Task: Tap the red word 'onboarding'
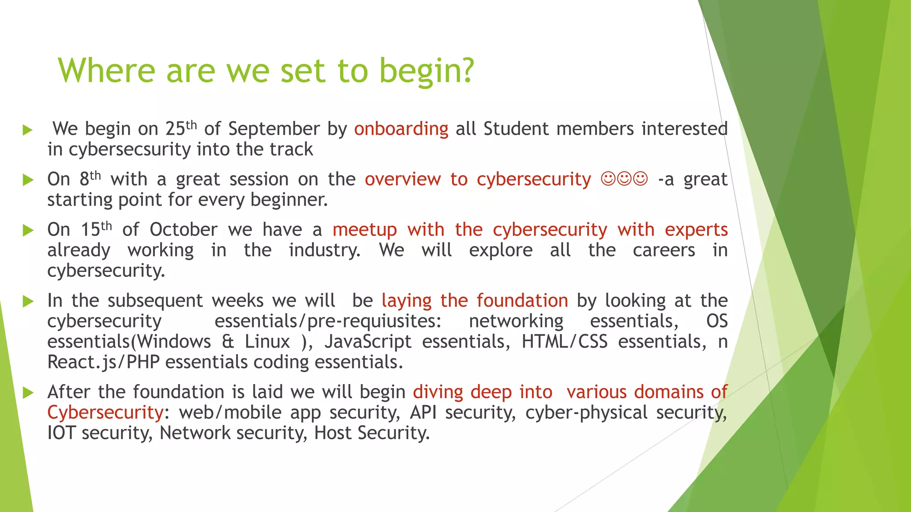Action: [401, 129]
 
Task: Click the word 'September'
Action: [274, 129]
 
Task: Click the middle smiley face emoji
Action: [624, 179]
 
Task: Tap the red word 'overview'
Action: [403, 179]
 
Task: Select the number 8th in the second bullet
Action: [90, 179]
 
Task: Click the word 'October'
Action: [183, 230]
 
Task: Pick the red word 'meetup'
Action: [364, 230]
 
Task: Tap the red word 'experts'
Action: [696, 230]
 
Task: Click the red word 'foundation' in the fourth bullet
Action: [522, 301]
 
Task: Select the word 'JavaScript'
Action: [368, 342]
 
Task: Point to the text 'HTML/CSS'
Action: [564, 342]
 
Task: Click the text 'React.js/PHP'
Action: [103, 362]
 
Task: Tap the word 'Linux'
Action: [267, 342]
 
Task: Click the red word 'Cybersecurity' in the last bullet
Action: [105, 412]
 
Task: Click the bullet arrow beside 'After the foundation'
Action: [28, 393]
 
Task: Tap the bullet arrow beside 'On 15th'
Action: [28, 230]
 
